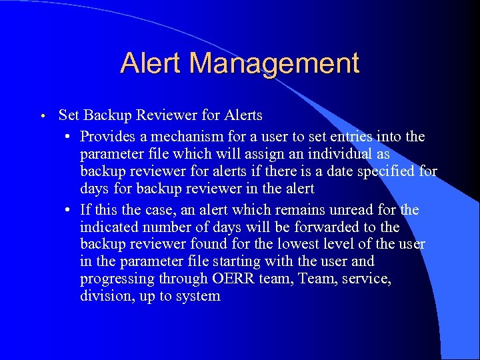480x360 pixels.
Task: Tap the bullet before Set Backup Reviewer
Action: coord(41,116)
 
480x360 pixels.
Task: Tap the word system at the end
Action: coord(198,297)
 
